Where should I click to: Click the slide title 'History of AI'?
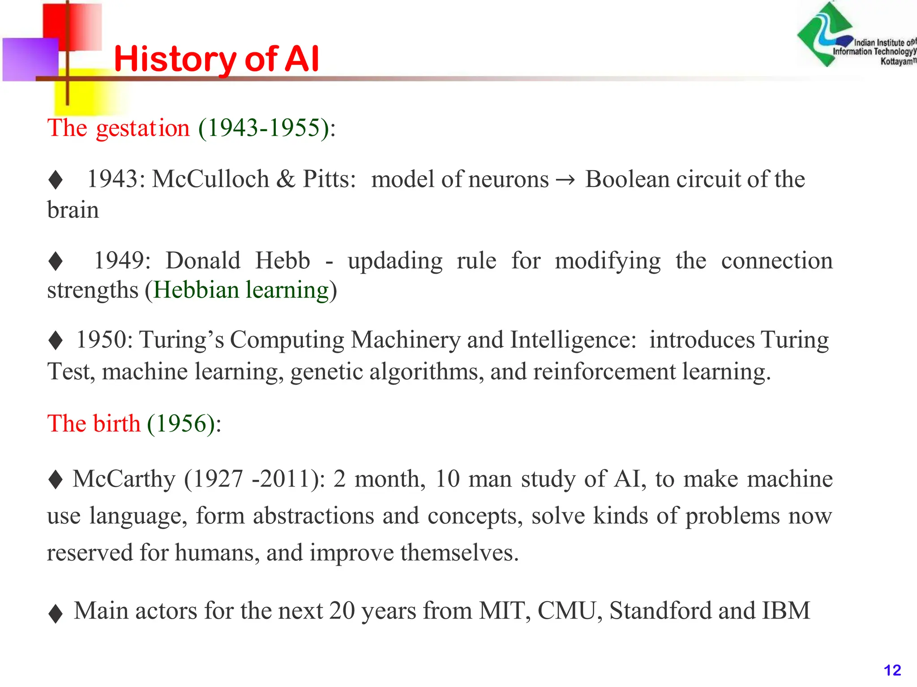(x=216, y=59)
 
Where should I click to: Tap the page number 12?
(x=892, y=670)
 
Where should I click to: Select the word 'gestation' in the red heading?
(x=143, y=128)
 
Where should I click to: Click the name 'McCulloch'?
(x=210, y=179)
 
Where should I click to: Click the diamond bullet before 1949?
(x=56, y=261)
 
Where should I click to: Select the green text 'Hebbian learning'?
(x=241, y=290)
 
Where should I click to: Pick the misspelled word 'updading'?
(x=395, y=261)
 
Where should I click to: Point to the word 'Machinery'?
(x=405, y=339)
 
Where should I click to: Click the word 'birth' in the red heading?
(x=117, y=424)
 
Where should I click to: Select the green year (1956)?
(x=181, y=424)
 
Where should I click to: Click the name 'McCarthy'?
(x=124, y=479)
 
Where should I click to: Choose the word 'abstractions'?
(x=313, y=516)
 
